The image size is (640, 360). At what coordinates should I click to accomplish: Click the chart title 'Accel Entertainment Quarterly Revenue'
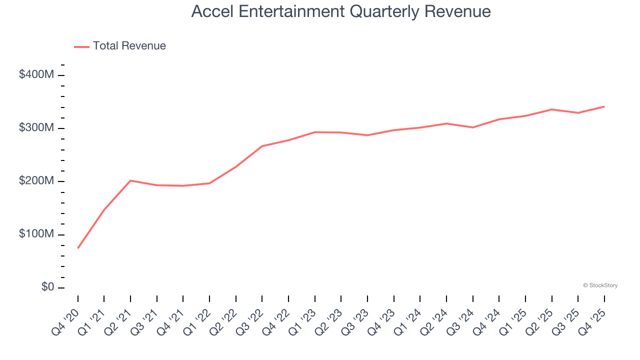click(341, 11)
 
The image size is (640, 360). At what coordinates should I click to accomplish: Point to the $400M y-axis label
click(36, 75)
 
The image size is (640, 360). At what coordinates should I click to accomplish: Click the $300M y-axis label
click(36, 128)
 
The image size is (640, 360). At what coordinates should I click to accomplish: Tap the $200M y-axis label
click(36, 181)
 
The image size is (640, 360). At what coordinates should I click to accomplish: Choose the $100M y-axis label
click(36, 234)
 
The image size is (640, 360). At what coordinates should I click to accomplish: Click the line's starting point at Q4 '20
click(78, 248)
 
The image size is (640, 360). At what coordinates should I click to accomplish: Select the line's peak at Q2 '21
click(130, 180)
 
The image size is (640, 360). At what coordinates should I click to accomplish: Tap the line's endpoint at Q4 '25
click(604, 106)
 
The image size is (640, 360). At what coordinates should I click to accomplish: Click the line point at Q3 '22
click(262, 146)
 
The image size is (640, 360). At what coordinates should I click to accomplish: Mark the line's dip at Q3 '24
click(472, 127)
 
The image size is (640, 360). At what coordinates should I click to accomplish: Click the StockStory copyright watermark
click(600, 285)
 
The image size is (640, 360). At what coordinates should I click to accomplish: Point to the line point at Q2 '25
click(551, 109)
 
